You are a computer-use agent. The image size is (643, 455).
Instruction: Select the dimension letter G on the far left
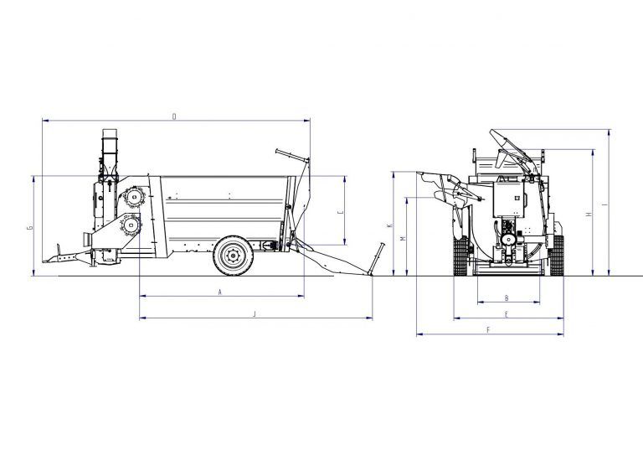pyautogui.click(x=29, y=226)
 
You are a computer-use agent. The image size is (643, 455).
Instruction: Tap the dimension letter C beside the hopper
pyautogui.click(x=338, y=213)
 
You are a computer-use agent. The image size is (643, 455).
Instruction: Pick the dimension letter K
pyautogui.click(x=389, y=226)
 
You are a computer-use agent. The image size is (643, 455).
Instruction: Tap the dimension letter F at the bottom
pyautogui.click(x=487, y=330)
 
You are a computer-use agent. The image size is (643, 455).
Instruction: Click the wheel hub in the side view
pyautogui.click(x=232, y=257)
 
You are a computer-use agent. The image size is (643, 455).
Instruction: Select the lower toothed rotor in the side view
pyautogui.click(x=130, y=225)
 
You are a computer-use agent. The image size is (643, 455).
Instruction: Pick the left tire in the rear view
pyautogui.click(x=458, y=256)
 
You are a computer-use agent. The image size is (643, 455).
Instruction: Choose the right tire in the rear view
pyautogui.click(x=555, y=256)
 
